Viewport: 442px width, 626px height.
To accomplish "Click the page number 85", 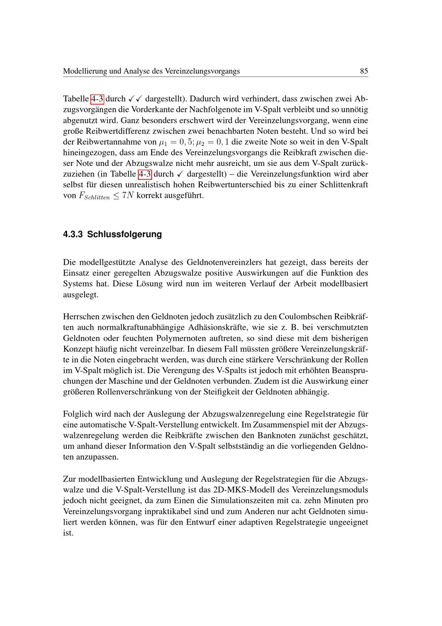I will click(x=364, y=71).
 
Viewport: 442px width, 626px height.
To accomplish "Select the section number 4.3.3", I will click(x=73, y=234).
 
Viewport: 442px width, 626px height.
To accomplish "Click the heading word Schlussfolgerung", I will click(x=124, y=234).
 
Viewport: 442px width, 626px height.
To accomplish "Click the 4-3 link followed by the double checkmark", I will click(x=97, y=99).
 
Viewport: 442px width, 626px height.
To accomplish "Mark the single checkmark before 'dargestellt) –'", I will click(x=179, y=174).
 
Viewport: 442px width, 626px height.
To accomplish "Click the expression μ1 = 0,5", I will click(x=174, y=142).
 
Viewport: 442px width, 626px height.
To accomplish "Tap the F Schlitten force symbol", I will click(x=93, y=196).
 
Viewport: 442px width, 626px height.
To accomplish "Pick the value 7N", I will click(x=128, y=195).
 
